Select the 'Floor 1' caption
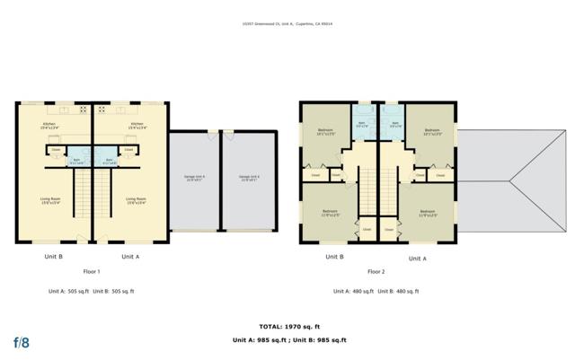tap(91, 271)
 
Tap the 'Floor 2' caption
tap(376, 271)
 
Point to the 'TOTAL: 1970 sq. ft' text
tap(287, 327)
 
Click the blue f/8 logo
tap(22, 342)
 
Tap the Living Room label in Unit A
tap(136, 200)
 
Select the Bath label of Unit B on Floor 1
tap(77, 162)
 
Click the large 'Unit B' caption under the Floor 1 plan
tap(53, 257)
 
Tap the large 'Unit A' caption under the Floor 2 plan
tap(417, 259)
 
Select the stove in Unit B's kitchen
tap(83, 110)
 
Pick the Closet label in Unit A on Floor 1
tap(128, 149)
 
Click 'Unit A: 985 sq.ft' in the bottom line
tap(258, 341)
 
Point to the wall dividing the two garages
tap(220, 183)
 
